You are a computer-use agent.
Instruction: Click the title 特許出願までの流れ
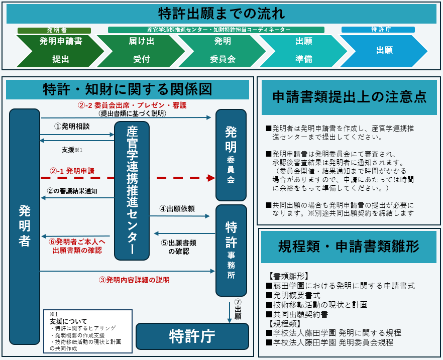pos(221,14)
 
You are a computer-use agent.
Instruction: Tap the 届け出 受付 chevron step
pos(142,50)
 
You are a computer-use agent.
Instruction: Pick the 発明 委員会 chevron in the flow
pos(223,50)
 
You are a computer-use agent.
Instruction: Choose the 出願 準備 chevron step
pos(304,50)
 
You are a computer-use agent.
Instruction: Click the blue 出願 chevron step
pos(384,50)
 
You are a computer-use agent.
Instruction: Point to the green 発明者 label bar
pos(54,30)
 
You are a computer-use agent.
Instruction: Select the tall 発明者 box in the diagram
pos(24,226)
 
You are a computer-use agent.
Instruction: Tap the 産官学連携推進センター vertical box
pos(132,191)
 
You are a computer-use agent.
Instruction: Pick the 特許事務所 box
pos(231,250)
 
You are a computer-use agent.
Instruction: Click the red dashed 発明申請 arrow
pos(126,178)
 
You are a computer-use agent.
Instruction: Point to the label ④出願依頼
pos(177,208)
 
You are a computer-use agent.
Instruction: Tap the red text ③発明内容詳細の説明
pos(134,280)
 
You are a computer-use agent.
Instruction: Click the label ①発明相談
pos(72,127)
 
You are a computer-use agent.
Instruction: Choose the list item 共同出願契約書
pos(299,314)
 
